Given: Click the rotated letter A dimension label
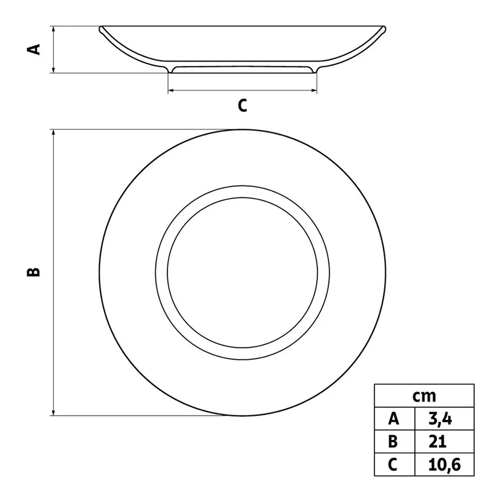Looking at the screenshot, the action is pyautogui.click(x=34, y=49).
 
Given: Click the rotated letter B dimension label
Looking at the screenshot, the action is pyautogui.click(x=33, y=272).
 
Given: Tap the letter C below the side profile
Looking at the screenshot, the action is pyautogui.click(x=242, y=105).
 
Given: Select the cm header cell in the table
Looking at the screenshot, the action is pyautogui.click(x=424, y=396).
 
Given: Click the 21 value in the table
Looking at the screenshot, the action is pyautogui.click(x=437, y=441).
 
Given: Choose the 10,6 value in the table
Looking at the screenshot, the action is pyautogui.click(x=444, y=464).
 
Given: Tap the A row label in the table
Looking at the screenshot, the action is pyautogui.click(x=394, y=419).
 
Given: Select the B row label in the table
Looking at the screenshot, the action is pyautogui.click(x=393, y=441).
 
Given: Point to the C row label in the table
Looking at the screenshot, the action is pyautogui.click(x=393, y=464).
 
